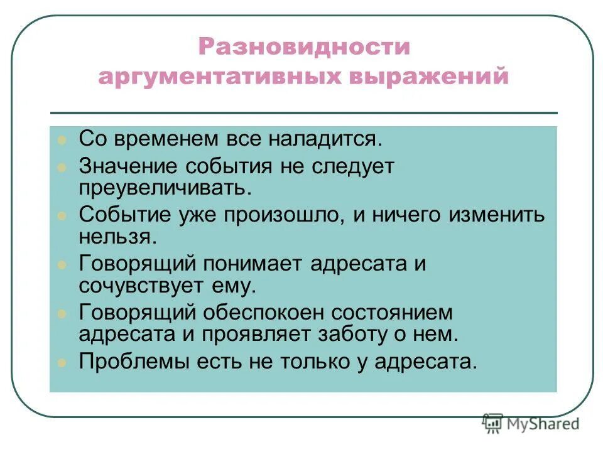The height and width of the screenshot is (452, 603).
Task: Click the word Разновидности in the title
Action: tap(304, 47)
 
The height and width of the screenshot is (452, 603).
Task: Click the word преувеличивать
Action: tap(165, 186)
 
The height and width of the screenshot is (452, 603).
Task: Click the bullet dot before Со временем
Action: tap(61, 140)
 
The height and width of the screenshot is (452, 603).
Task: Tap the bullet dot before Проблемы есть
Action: tap(61, 362)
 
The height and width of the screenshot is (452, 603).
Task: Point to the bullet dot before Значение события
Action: tap(61, 168)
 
